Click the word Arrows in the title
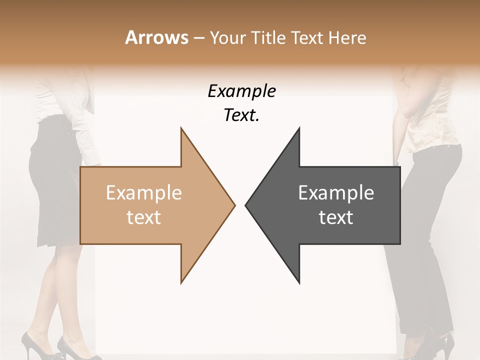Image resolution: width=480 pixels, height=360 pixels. (x=156, y=37)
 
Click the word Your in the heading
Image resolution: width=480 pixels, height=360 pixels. (x=227, y=37)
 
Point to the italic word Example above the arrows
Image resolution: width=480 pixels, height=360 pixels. (x=241, y=91)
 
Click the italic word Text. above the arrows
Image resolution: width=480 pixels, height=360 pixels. (x=241, y=115)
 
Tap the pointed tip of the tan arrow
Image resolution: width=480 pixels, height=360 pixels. (x=234, y=205)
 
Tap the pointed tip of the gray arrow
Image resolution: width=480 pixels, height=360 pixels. (x=245, y=205)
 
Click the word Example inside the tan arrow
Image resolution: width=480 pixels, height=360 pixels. (x=144, y=193)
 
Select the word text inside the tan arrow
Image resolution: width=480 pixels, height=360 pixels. (x=144, y=217)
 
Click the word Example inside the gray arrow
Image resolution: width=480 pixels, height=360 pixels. (x=336, y=193)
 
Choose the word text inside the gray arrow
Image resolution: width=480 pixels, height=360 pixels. (x=336, y=217)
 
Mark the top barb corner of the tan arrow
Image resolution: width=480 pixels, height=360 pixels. (x=181, y=128)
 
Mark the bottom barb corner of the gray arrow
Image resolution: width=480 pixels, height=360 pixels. (x=299, y=283)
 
